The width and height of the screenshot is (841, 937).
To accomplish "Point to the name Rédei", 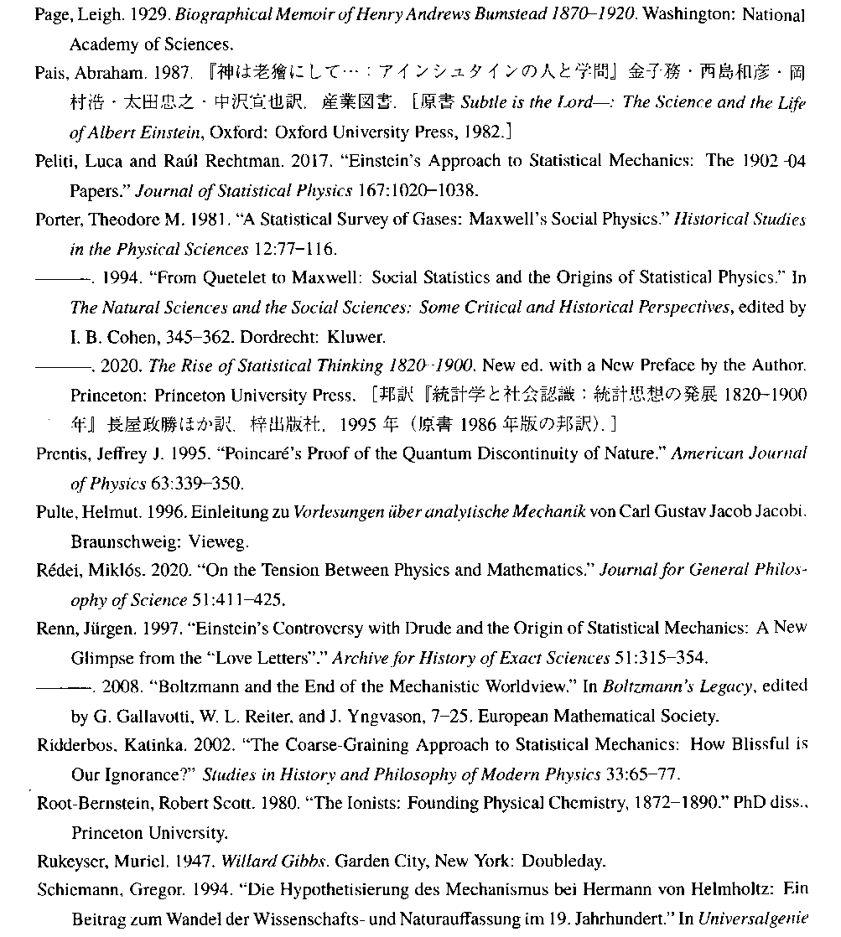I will (55, 571).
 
